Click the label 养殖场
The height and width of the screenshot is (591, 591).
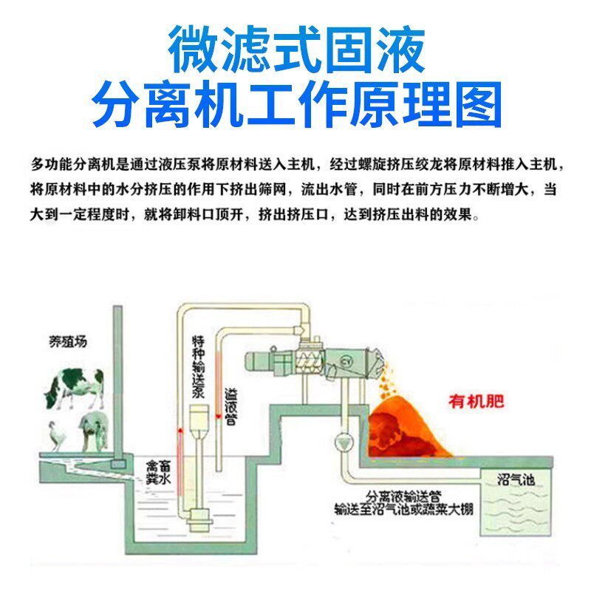64,341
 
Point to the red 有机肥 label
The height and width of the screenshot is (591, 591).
476,402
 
